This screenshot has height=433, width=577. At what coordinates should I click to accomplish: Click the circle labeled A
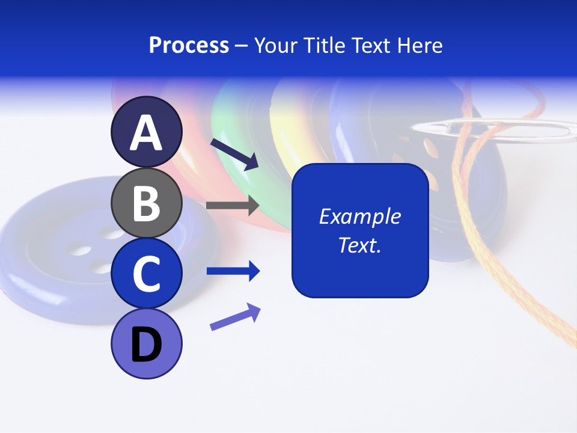(147, 132)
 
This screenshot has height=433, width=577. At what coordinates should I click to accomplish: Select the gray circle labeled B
(147, 203)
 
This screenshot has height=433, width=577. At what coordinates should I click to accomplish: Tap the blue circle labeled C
(147, 274)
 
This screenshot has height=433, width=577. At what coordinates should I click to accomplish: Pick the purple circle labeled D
(147, 344)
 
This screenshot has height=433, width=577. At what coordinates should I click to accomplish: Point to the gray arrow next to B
(233, 205)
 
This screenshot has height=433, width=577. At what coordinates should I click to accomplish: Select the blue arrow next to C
(233, 271)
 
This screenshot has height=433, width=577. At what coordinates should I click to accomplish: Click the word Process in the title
(189, 45)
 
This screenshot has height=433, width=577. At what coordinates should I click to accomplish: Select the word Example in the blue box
(359, 216)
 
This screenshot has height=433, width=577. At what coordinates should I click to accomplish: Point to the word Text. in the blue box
(359, 245)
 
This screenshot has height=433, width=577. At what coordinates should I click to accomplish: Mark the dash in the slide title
(242, 46)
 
